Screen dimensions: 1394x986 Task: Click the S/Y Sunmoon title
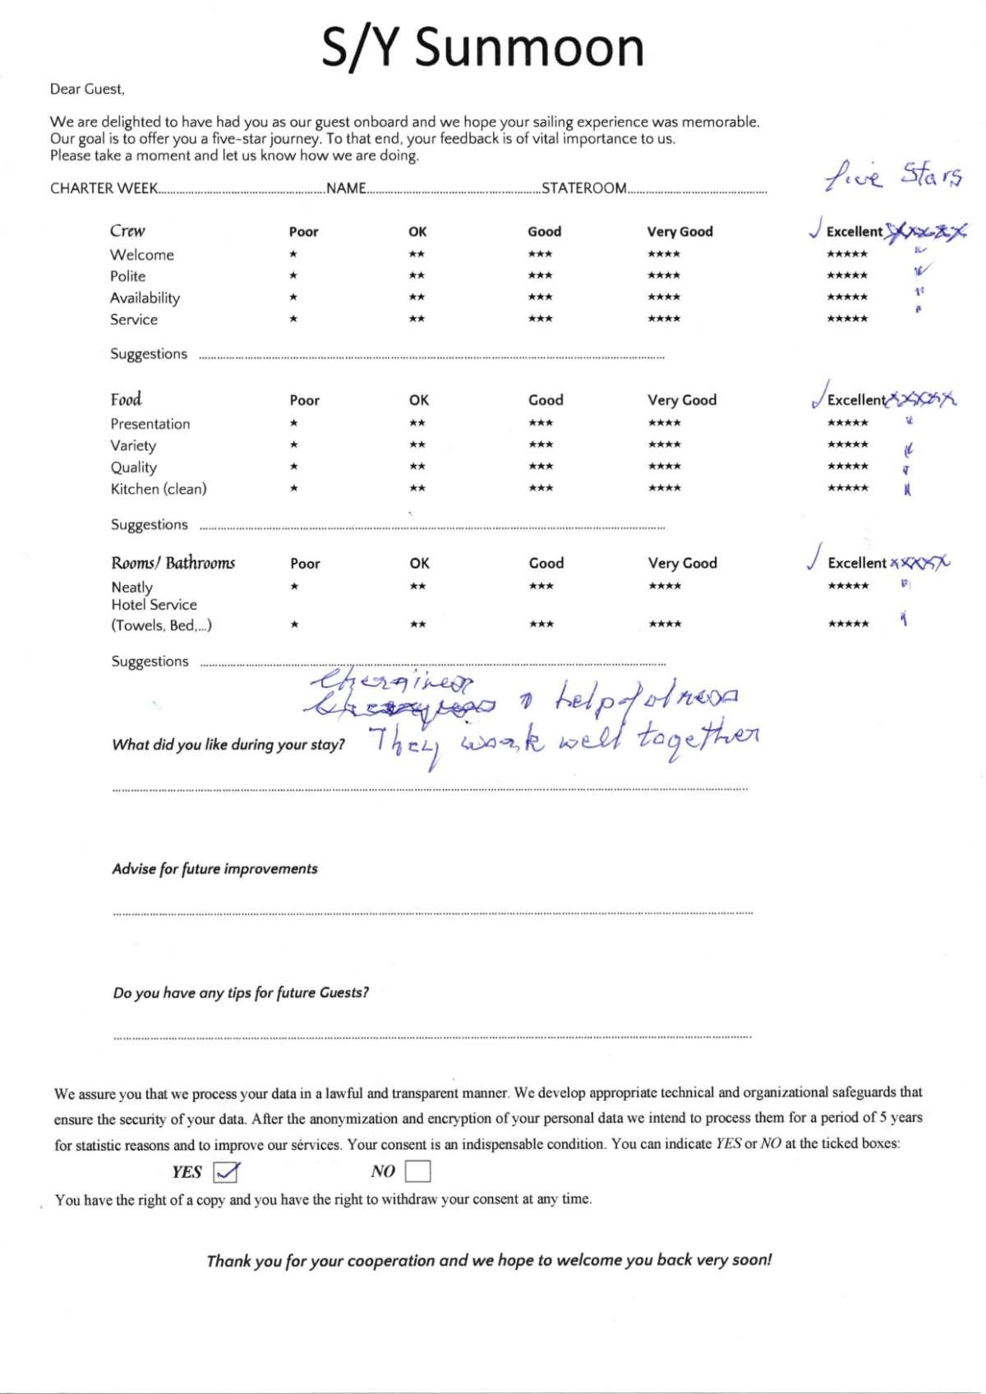[x=482, y=47]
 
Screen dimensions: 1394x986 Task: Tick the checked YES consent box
[x=225, y=1170]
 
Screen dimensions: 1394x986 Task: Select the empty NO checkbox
[x=417, y=1170]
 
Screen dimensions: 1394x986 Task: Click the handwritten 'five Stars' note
[x=893, y=175]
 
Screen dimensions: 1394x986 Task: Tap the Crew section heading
[x=127, y=231]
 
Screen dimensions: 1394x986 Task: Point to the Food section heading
[x=126, y=399]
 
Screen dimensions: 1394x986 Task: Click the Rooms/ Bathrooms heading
[x=173, y=563]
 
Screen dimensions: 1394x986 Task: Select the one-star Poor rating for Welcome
[x=293, y=255]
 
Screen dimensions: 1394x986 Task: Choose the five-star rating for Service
[x=847, y=319]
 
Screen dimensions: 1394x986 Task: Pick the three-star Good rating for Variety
[x=541, y=445]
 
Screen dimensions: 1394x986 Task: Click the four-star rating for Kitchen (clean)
[x=664, y=488]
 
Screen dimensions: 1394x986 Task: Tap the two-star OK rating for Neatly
[x=417, y=586]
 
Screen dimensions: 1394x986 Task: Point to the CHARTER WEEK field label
[x=104, y=188]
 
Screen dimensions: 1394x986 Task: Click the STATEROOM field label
[x=583, y=188]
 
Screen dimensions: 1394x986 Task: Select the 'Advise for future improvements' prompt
[x=214, y=869]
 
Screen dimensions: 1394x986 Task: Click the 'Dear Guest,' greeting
[x=87, y=89]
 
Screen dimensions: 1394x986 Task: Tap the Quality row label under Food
[x=134, y=467]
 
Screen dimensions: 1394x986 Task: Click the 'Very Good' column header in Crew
[x=680, y=232]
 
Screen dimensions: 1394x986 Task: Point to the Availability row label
[x=145, y=298]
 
